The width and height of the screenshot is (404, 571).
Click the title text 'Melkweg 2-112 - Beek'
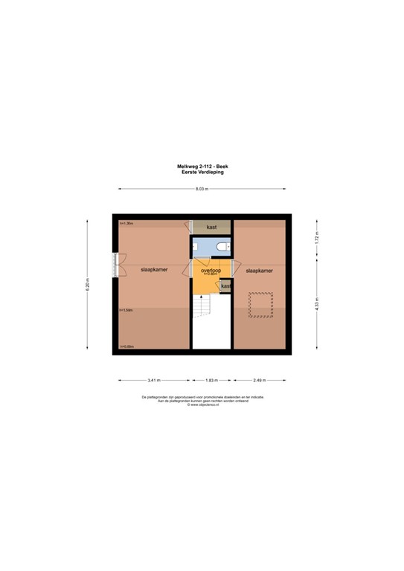[202, 167]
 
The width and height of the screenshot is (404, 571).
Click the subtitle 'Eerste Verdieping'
[202, 172]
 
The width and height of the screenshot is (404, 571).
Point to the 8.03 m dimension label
[202, 190]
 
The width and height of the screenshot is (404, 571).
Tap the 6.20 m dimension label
[89, 283]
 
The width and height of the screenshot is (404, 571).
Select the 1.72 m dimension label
[316, 239]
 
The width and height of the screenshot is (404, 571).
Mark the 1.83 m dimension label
[211, 380]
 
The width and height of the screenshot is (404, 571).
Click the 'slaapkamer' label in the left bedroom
[153, 271]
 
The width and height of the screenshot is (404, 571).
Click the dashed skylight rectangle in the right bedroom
[260, 305]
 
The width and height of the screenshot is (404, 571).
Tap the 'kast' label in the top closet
[211, 227]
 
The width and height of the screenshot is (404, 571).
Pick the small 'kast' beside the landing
[225, 285]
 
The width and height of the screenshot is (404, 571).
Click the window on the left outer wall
[115, 265]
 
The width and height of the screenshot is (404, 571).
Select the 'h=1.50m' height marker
[126, 310]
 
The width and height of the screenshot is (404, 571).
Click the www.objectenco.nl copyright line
[202, 405]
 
